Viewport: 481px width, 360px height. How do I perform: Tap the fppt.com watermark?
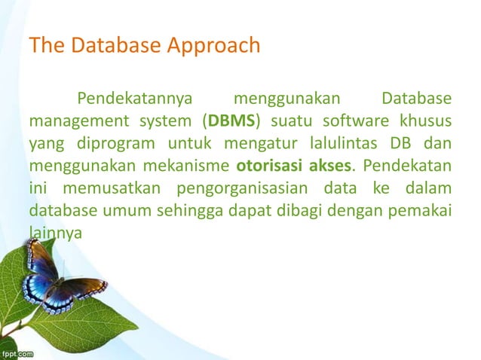coord(17,352)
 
